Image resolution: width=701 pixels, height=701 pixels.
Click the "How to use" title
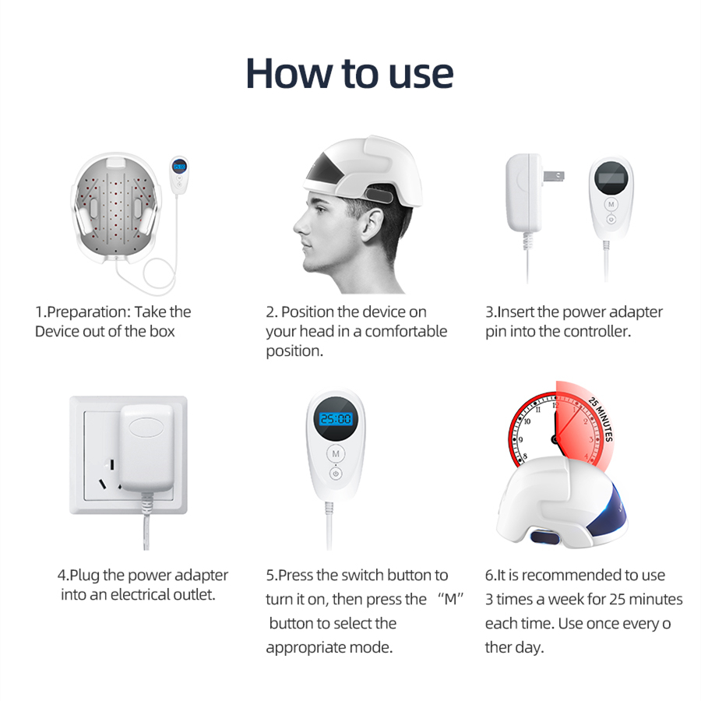click(x=350, y=74)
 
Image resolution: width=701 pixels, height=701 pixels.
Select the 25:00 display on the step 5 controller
click(x=336, y=419)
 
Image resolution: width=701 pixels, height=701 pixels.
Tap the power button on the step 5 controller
click(x=336, y=473)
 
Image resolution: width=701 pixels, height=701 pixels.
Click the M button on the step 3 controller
click(x=611, y=204)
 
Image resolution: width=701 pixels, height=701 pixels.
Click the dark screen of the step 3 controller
click(x=611, y=178)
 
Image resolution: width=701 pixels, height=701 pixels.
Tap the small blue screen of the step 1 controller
click(x=179, y=167)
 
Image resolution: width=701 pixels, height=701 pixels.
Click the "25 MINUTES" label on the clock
click(x=601, y=419)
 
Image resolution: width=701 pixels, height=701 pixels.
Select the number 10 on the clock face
click(x=527, y=421)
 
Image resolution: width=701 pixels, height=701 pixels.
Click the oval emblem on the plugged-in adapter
click(x=147, y=427)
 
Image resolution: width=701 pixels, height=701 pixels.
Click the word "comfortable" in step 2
click(x=406, y=331)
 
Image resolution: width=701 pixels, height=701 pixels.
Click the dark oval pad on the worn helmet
click(x=379, y=195)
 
